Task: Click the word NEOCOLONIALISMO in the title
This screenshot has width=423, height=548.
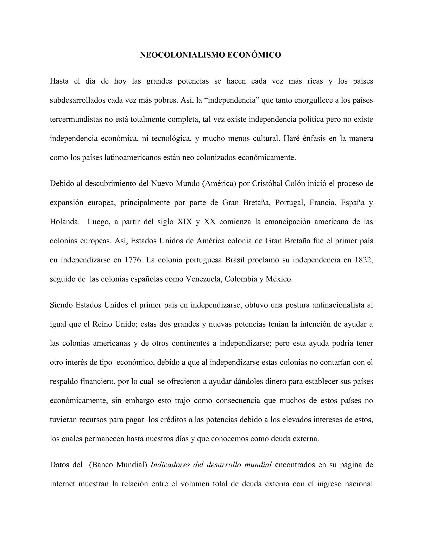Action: (182, 55)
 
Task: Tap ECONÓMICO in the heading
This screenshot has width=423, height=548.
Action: (254, 55)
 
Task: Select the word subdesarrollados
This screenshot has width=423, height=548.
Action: (78, 100)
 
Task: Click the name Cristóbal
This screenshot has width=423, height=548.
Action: (267, 184)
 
